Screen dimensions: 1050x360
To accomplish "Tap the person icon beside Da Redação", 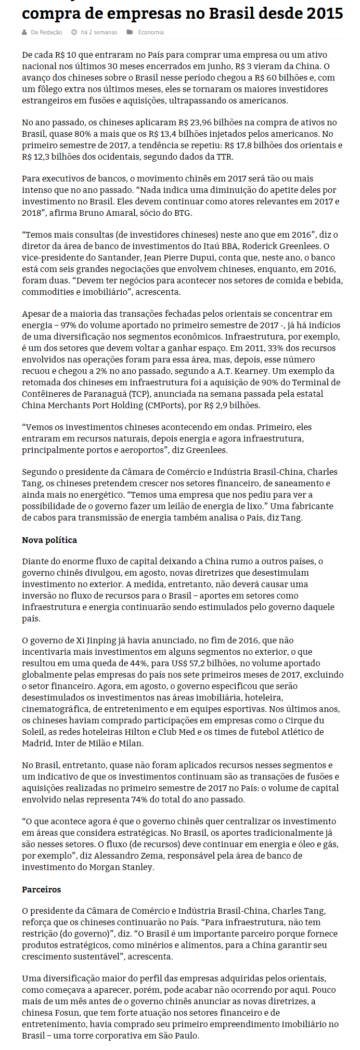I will (24, 32).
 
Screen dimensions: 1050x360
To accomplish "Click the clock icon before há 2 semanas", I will (74, 32).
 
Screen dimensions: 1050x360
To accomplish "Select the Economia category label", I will (151, 32).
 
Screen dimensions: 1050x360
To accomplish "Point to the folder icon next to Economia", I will (130, 32).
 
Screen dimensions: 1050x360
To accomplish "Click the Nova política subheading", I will (49, 540).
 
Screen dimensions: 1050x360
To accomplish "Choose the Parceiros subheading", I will (42, 889).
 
